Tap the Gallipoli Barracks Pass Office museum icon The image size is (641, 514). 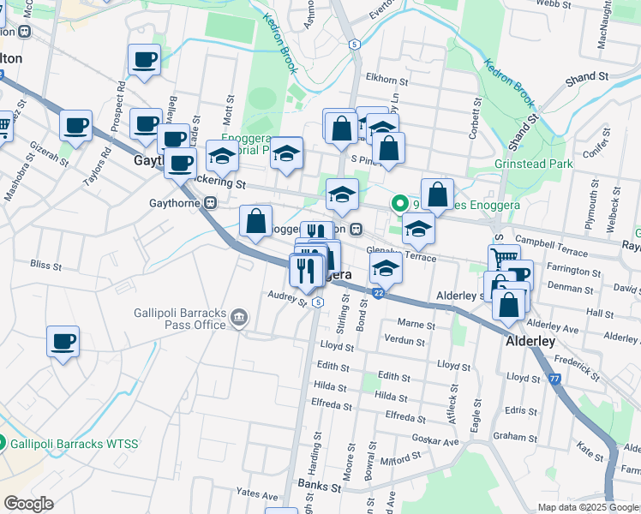pos(239,320)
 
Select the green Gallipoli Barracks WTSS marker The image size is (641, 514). pos(3,444)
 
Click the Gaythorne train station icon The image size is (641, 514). pos(209,203)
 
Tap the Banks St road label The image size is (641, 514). pos(320,487)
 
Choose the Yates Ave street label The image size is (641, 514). pos(258,495)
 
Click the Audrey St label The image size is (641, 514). pos(287,297)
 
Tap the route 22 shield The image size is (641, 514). pos(378,294)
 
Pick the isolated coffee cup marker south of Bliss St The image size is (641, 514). pos(63,342)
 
